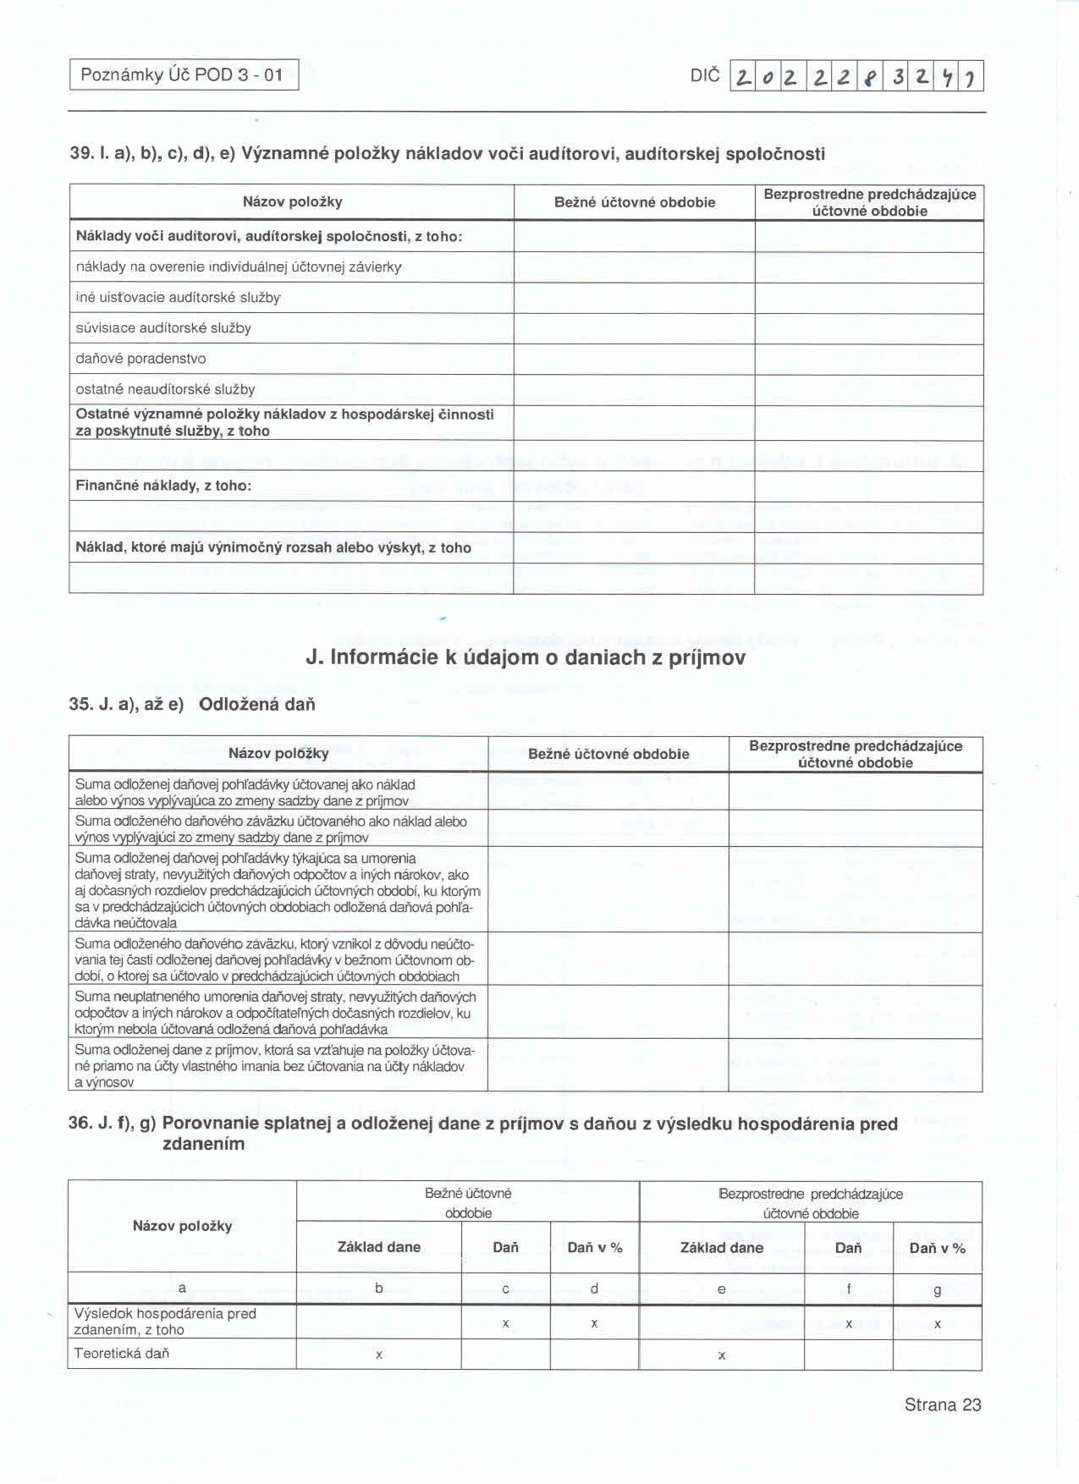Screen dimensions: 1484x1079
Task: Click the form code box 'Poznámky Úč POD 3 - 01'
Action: click(x=183, y=74)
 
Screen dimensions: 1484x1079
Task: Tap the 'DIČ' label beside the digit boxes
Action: click(x=704, y=75)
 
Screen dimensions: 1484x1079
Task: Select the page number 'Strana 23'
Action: click(x=942, y=1404)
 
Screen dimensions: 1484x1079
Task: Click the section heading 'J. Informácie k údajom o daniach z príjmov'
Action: click(x=526, y=657)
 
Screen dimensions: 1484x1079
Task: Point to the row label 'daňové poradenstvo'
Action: click(x=140, y=359)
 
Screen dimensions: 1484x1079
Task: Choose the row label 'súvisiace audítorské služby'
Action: click(x=163, y=328)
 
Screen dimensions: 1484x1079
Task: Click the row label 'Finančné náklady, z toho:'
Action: click(x=163, y=486)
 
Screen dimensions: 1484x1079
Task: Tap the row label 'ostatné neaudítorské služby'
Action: click(x=165, y=389)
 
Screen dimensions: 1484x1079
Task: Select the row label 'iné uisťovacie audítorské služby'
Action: click(x=178, y=298)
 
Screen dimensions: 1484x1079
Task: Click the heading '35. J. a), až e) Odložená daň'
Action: click(x=192, y=704)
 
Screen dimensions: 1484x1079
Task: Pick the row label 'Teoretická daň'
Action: click(x=122, y=1353)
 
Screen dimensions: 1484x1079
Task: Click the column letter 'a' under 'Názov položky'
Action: click(x=182, y=1288)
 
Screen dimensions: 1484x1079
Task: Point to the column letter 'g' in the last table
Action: click(x=937, y=1289)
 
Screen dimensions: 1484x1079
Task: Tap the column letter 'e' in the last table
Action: click(x=721, y=1289)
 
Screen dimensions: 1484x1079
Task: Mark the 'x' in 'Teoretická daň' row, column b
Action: click(x=379, y=1355)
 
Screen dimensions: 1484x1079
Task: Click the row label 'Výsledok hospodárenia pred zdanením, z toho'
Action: click(x=165, y=1321)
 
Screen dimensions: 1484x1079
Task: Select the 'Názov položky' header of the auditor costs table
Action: click(x=292, y=201)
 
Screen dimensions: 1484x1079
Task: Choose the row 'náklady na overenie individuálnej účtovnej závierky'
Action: click(x=239, y=267)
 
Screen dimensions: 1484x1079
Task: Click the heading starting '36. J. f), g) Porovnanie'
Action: click(x=482, y=1133)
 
